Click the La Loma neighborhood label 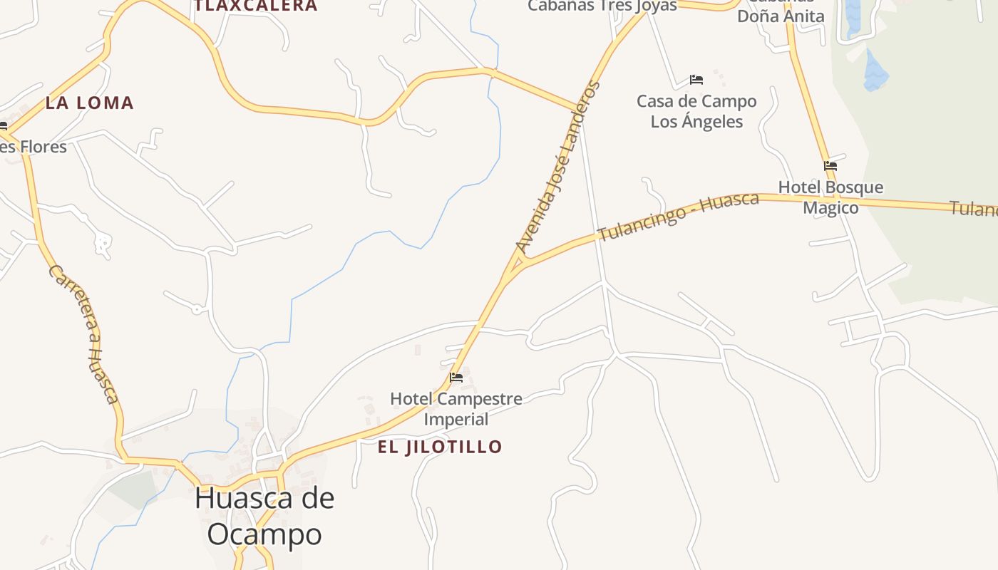tap(90, 103)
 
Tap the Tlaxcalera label tap(256, 6)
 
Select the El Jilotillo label tap(440, 447)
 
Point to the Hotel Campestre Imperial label tap(456, 408)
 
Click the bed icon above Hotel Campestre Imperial tap(456, 377)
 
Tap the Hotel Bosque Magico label tap(830, 197)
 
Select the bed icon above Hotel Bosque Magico tap(830, 166)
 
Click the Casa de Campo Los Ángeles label tap(696, 111)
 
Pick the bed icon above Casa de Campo tap(696, 79)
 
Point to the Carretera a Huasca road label tap(83, 333)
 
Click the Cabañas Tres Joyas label tap(602, 6)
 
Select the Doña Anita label tap(781, 16)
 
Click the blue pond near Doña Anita tap(875, 71)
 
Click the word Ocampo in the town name tap(264, 534)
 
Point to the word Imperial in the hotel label tap(456, 419)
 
